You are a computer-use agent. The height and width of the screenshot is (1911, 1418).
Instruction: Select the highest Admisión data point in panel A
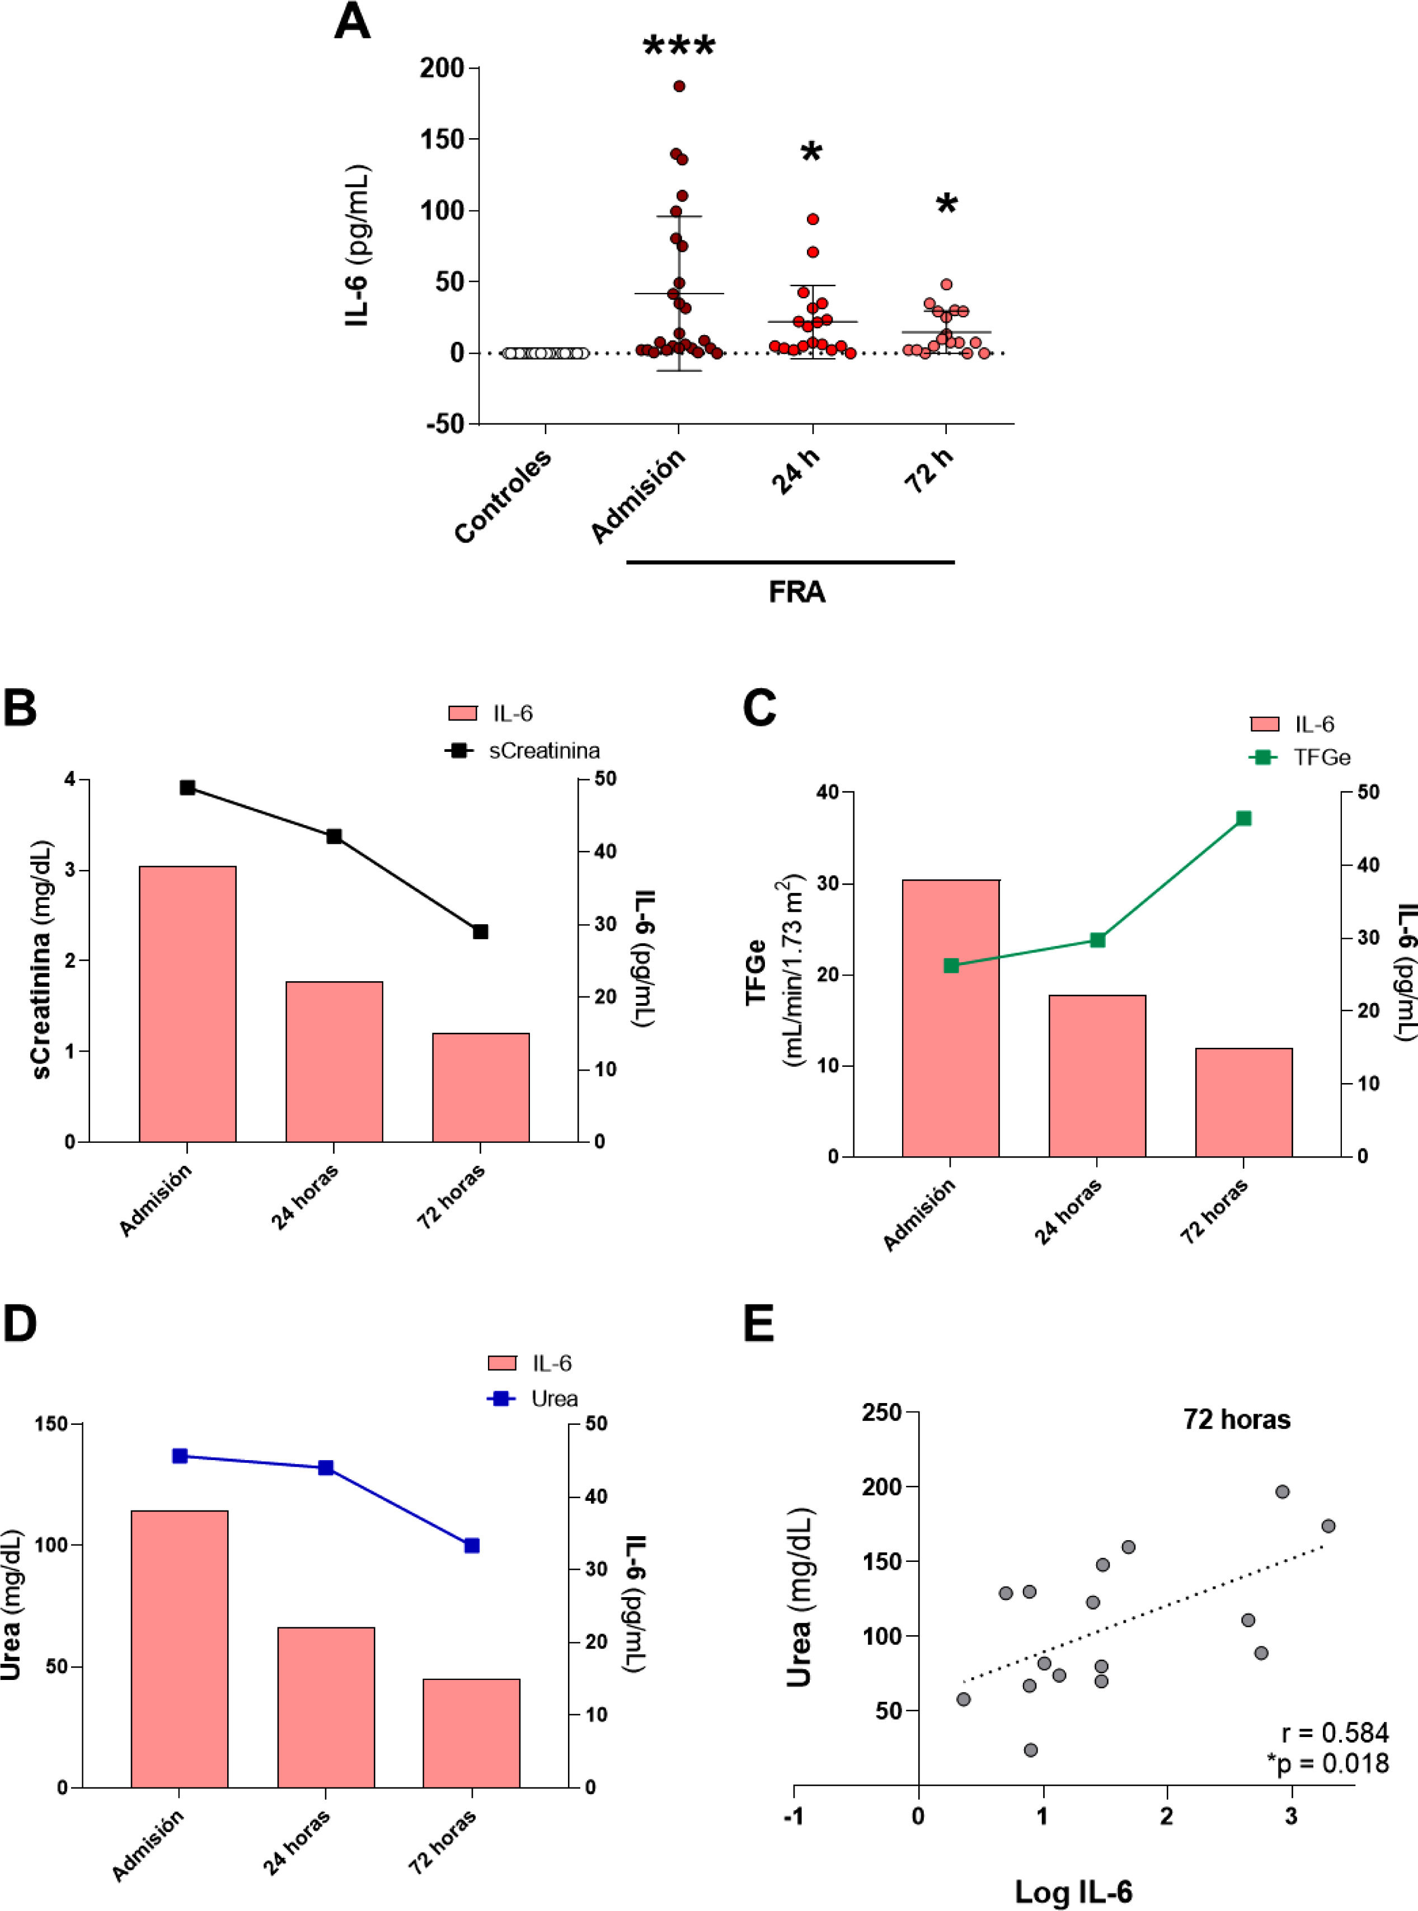click(679, 86)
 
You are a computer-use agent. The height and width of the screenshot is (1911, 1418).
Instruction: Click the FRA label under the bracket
click(796, 592)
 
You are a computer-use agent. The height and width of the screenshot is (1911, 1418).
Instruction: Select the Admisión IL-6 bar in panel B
click(187, 1004)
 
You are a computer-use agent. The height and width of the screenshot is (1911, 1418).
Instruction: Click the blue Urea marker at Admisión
click(180, 1456)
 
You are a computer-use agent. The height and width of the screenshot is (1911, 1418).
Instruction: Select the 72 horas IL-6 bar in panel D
click(471, 1733)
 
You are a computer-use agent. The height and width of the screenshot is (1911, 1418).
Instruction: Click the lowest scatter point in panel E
click(1031, 1750)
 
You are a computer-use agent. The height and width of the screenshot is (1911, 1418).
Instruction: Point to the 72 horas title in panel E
click(1236, 1420)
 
